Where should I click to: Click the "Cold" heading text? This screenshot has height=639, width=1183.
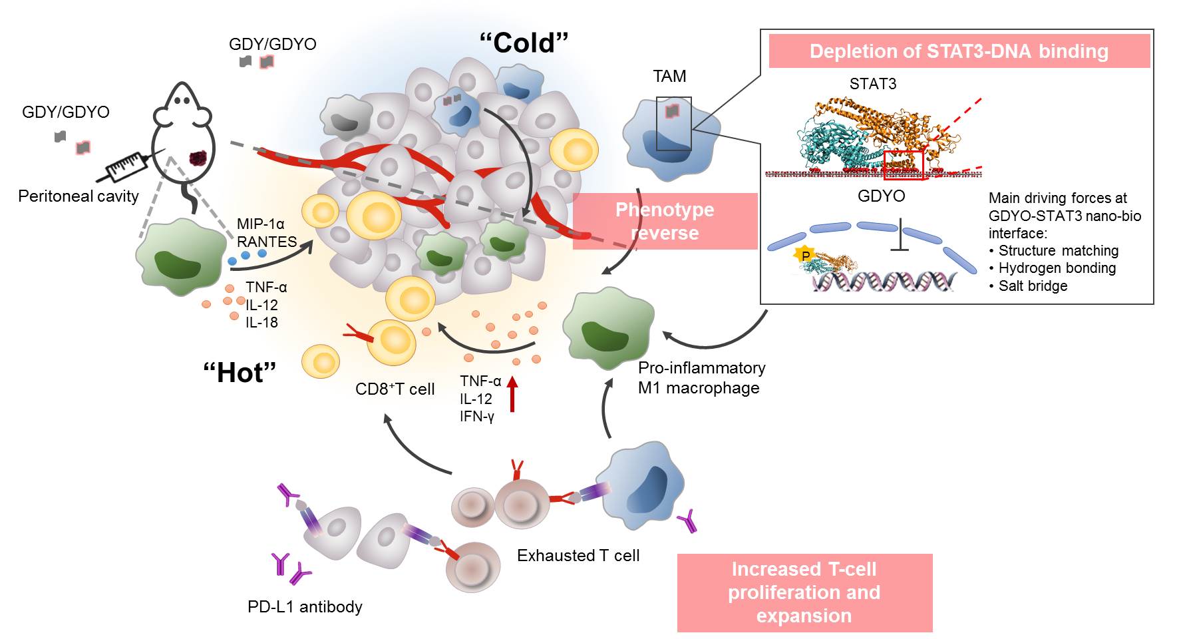click(x=524, y=43)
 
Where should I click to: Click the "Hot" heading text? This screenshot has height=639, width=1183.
click(x=240, y=373)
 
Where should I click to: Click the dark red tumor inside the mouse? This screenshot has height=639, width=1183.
click(x=198, y=158)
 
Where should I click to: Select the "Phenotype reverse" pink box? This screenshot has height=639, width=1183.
click(x=665, y=221)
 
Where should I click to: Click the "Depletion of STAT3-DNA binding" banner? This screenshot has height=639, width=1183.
click(x=959, y=51)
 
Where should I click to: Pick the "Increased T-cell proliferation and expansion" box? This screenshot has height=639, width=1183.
click(x=804, y=592)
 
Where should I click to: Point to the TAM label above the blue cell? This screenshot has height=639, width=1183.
click(x=669, y=77)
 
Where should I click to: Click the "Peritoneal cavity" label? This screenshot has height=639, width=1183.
click(x=79, y=196)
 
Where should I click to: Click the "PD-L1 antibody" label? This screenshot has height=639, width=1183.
click(x=305, y=607)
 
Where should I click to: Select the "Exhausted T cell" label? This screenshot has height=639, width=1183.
click(x=578, y=556)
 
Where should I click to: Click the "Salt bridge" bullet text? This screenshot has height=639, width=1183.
click(x=1033, y=286)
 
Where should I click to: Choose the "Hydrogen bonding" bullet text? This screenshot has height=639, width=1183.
click(x=1057, y=268)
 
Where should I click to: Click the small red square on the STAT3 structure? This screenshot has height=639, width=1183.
click(x=903, y=165)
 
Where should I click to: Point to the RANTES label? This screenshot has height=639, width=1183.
click(x=267, y=242)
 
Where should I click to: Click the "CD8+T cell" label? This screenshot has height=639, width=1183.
click(x=395, y=389)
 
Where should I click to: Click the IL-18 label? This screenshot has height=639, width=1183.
click(x=261, y=323)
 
